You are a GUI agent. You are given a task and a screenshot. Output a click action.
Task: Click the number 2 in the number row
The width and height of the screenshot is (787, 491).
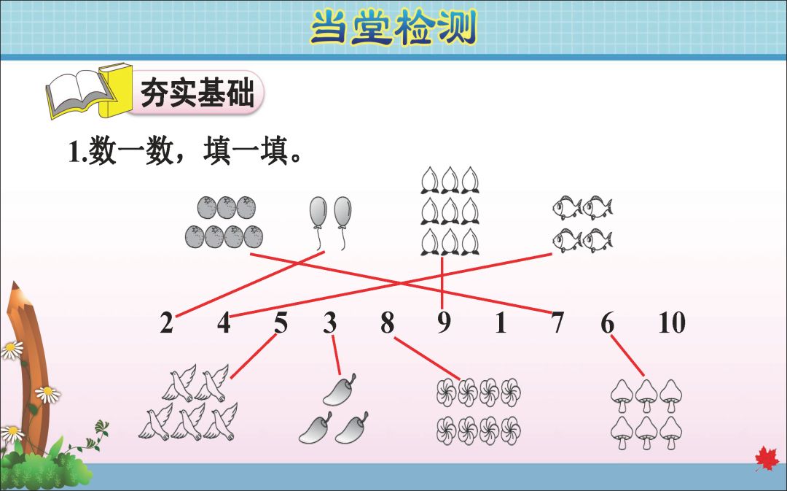167,322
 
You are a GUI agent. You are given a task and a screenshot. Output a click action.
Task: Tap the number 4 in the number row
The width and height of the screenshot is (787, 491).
224,322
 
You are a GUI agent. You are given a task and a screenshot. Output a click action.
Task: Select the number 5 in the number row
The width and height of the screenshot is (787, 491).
281,322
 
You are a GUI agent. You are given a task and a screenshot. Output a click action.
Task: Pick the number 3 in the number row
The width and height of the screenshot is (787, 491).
330,322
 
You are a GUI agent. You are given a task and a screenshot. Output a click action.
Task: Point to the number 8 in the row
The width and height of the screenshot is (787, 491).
387,322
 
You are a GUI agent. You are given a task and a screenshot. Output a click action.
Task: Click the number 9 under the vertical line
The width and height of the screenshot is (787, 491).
444,322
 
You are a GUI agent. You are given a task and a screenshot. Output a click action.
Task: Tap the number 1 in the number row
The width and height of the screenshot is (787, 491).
501,322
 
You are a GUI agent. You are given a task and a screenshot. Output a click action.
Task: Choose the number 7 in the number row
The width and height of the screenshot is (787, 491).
557,322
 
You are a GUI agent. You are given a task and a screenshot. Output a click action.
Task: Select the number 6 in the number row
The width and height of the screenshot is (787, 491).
608,322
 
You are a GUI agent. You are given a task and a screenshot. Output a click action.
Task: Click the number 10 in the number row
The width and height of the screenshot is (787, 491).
671,322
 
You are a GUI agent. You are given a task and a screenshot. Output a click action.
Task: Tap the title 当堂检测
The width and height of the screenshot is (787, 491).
393,28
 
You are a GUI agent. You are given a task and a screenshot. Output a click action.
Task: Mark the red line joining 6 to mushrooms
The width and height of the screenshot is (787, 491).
627,357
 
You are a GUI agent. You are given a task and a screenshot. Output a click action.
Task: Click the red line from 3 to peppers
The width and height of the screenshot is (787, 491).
336,355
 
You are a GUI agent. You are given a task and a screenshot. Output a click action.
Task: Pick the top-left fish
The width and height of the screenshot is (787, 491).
566,208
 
